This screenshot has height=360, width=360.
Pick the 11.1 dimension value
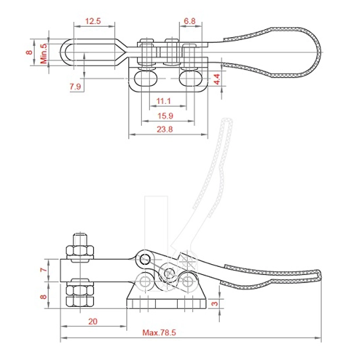(163, 101)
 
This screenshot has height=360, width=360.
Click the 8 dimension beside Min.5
(29, 53)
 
